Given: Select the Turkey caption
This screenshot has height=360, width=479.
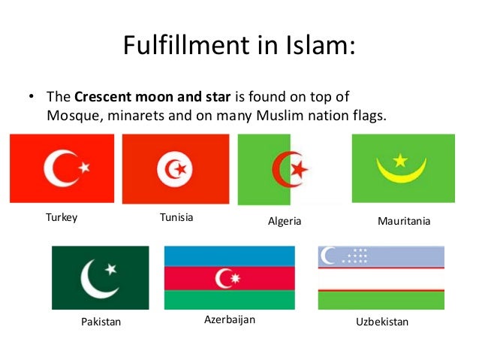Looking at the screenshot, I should [62, 218].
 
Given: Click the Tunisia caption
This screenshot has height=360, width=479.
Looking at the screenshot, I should [176, 217].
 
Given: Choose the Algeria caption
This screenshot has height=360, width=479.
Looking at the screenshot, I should [285, 222].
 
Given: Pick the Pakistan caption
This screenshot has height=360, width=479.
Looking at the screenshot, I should [100, 322].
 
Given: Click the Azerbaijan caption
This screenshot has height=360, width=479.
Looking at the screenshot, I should [230, 319].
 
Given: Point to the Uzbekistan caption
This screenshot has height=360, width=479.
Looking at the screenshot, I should [381, 322].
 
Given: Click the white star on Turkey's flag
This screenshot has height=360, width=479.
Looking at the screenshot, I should [84, 165].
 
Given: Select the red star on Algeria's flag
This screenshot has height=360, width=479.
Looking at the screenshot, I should [300, 168].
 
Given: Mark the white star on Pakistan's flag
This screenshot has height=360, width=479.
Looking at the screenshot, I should [111, 268].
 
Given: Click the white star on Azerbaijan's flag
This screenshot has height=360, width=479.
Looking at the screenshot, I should [236, 279].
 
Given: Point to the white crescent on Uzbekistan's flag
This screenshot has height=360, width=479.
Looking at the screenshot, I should [327, 256].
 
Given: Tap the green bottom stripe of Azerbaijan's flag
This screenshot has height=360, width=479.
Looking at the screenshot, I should [230, 300].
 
